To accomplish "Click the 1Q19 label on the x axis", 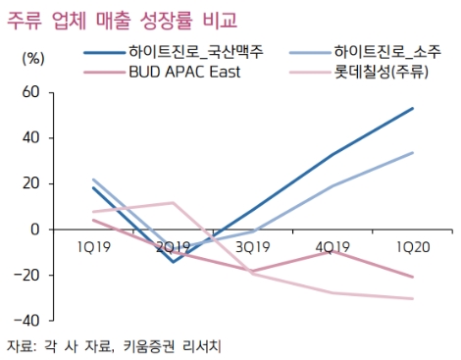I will (x=94, y=247).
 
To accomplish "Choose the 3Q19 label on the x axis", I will (x=254, y=247).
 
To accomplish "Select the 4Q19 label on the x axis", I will (x=333, y=247).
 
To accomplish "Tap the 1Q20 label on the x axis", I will (x=413, y=247).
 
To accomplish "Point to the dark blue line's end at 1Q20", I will (x=413, y=108).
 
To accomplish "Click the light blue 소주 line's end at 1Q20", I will (x=413, y=152).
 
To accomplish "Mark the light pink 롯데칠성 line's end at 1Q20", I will (x=413, y=298).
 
